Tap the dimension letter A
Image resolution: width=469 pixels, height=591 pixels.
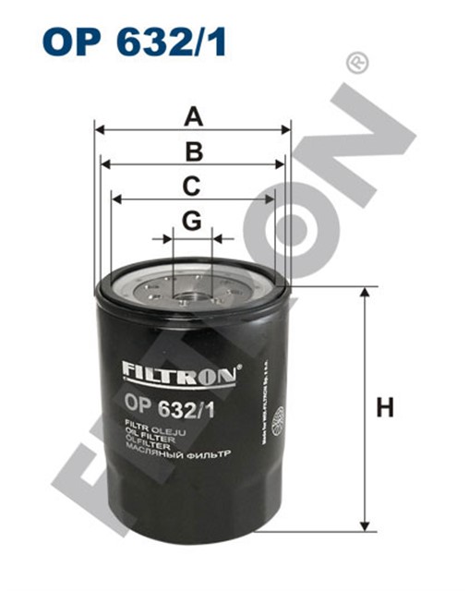[192, 116]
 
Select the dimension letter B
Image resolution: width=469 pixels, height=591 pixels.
[192, 151]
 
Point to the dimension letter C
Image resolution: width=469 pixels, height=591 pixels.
[191, 186]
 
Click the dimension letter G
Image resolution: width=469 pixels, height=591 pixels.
[191, 221]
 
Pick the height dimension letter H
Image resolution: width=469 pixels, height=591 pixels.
[385, 406]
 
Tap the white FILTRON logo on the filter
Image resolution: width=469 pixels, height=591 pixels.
[181, 371]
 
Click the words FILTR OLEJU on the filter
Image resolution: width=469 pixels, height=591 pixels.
[154, 428]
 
